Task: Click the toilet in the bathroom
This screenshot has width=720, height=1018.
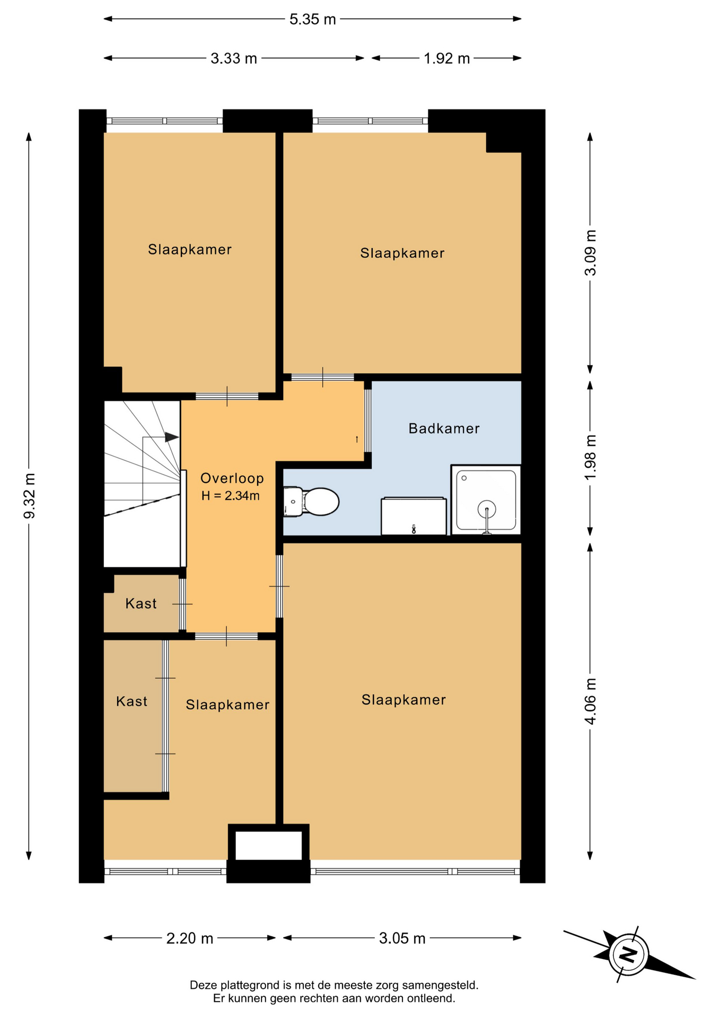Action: tap(312, 502)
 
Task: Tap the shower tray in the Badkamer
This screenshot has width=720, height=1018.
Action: tap(486, 500)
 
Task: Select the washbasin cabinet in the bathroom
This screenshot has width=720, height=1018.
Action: tap(414, 516)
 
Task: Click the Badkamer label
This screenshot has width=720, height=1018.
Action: tap(444, 428)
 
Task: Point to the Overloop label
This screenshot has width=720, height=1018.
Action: tap(232, 479)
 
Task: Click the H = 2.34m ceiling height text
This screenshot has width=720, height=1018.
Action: tap(231, 496)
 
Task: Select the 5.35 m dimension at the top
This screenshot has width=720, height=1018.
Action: tap(313, 20)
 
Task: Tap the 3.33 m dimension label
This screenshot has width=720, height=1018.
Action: tap(234, 58)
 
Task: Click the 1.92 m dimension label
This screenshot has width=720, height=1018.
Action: tap(447, 58)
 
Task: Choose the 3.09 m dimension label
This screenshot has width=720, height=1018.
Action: tap(590, 253)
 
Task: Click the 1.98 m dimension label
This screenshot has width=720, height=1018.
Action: tap(590, 458)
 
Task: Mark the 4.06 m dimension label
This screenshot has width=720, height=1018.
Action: tap(590, 701)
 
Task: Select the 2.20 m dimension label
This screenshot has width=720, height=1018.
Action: tap(190, 938)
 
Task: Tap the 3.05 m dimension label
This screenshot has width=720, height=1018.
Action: tap(402, 938)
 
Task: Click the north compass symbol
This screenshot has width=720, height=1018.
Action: tap(629, 954)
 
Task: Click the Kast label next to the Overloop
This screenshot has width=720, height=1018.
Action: tap(141, 603)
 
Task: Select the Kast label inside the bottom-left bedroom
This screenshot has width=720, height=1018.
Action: tap(131, 701)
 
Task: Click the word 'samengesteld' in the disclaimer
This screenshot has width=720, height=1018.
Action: tap(440, 986)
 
